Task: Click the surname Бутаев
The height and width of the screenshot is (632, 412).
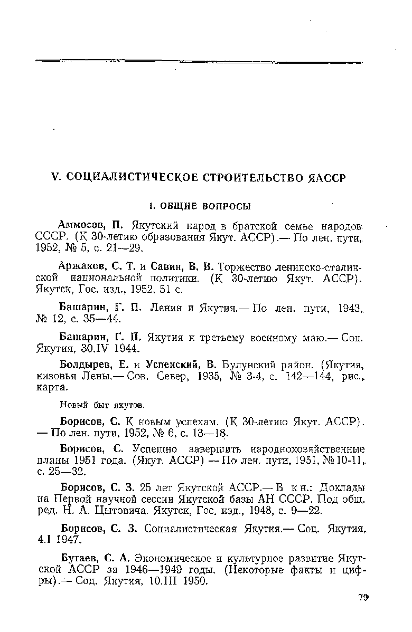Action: pos(79,557)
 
